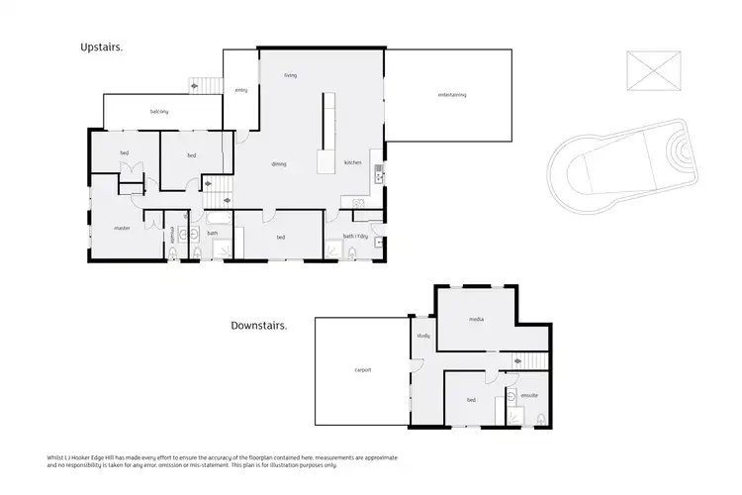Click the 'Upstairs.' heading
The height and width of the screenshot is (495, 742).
101,47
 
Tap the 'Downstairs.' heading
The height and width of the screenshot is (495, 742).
258,326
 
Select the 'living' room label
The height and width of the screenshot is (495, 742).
291,75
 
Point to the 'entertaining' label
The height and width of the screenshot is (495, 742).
451,95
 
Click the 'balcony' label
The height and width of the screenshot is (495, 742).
159,112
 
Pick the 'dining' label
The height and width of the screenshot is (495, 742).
280,163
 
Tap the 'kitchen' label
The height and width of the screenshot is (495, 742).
353,162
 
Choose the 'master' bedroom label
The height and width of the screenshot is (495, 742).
123,228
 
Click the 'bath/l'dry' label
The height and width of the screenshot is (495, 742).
356,236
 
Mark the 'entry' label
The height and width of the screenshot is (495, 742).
240,90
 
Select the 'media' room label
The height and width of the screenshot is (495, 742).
476,320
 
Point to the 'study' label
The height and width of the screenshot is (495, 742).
423,336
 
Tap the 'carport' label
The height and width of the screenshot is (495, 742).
362,371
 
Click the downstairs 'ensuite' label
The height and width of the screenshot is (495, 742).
529,396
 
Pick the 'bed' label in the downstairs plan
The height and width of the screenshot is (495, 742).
472,400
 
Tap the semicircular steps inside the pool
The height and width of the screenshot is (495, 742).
676,152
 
